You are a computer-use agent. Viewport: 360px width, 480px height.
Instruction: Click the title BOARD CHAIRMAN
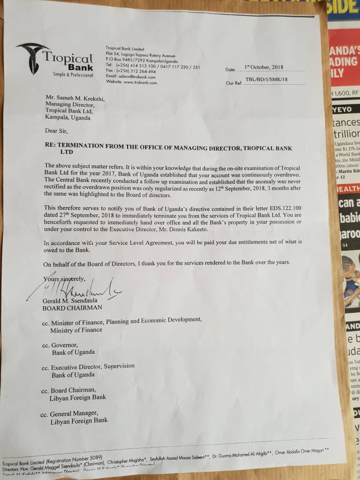coord(72,308)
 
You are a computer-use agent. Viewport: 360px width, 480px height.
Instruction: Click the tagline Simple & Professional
coord(73,75)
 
